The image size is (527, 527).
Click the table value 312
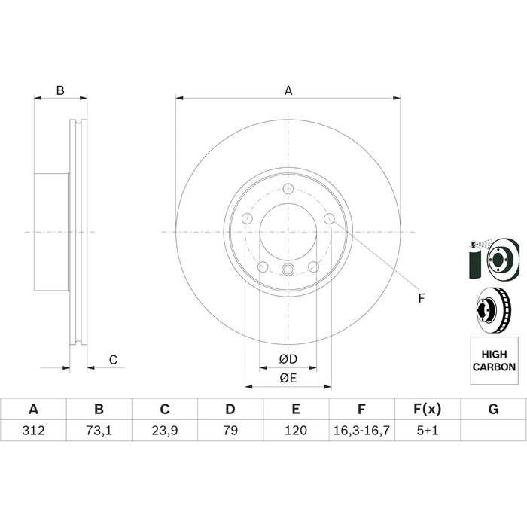[33, 430]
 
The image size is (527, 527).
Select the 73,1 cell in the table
[99, 430]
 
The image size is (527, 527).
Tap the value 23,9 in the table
[165, 430]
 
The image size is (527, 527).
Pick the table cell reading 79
[230, 430]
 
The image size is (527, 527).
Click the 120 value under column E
[296, 430]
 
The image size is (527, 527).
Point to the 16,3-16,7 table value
[361, 430]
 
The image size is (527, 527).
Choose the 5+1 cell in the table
[428, 430]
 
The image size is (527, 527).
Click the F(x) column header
[427, 410]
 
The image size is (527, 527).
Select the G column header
[493, 410]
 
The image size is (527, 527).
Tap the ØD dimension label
[288, 359]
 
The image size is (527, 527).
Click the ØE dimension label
[288, 378]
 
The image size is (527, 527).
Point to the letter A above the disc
[288, 90]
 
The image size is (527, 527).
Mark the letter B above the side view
[60, 90]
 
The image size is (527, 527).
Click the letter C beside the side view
[113, 360]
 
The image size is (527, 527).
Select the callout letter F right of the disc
[422, 298]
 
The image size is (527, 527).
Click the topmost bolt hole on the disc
[288, 189]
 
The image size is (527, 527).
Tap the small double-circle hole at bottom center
[288, 269]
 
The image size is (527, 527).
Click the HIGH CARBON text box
[494, 361]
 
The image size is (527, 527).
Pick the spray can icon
[476, 260]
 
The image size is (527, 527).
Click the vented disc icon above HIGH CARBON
[494, 310]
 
